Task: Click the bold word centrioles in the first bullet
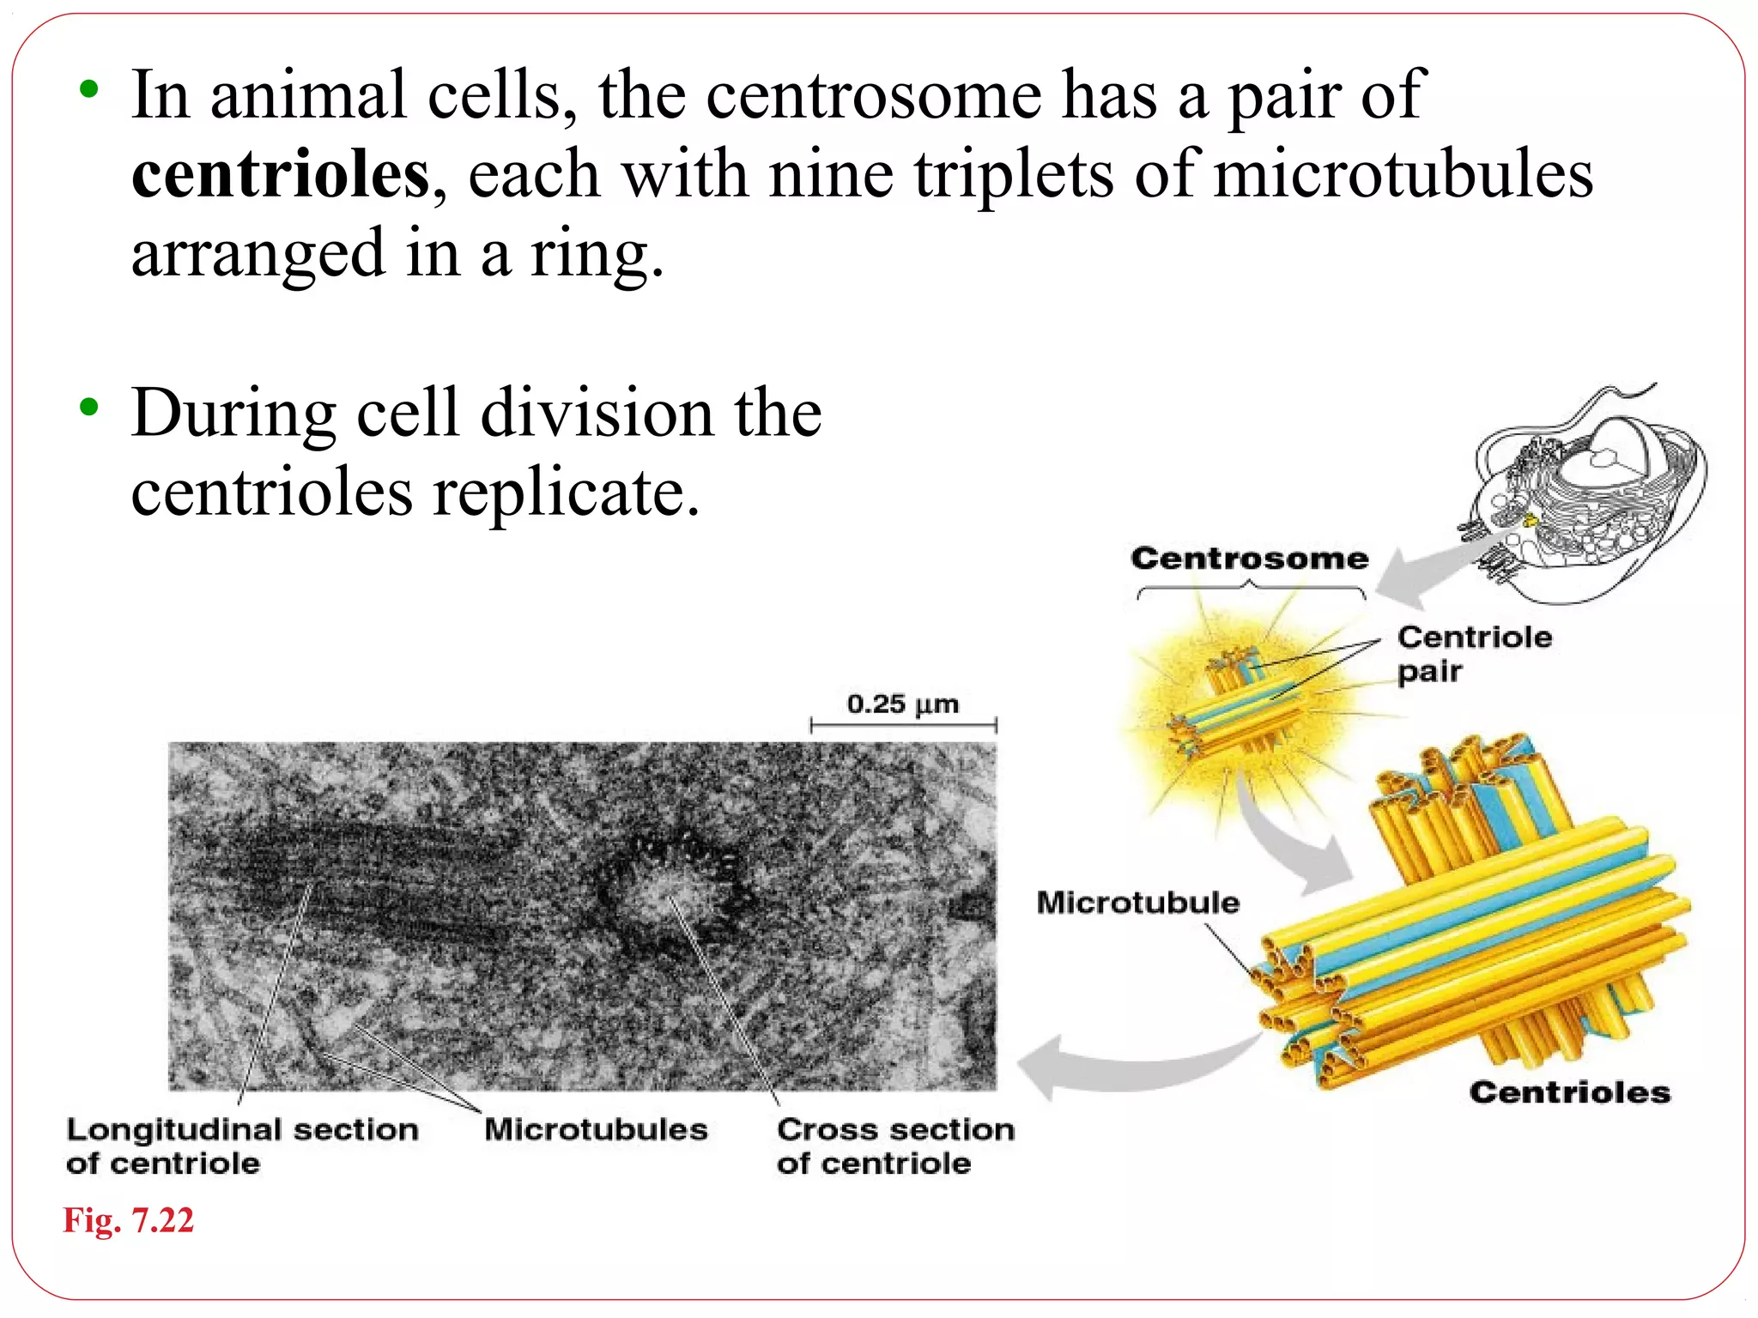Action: (280, 175)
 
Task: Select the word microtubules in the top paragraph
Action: (1403, 175)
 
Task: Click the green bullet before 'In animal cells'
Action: (88, 88)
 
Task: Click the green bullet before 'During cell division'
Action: (88, 407)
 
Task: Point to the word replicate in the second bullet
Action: (566, 493)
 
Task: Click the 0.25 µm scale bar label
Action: (902, 704)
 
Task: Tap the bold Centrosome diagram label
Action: (1249, 559)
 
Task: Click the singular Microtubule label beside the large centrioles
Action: (1137, 903)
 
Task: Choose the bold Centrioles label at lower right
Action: (1569, 1092)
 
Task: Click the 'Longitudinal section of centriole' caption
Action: (241, 1146)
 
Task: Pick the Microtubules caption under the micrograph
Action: (596, 1129)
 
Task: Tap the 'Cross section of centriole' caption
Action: (894, 1146)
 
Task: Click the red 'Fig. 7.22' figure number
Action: (129, 1220)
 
